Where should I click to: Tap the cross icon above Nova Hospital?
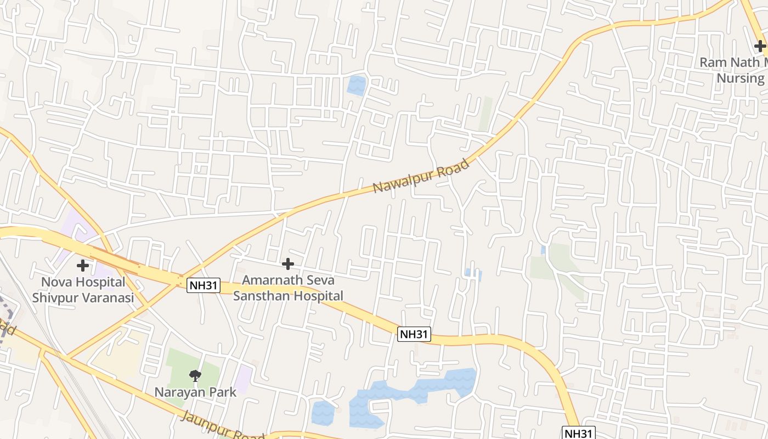[x=83, y=266]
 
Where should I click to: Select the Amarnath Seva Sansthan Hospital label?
[x=288, y=288]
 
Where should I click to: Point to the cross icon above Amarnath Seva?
[x=288, y=264]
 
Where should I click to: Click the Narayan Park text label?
[x=195, y=392]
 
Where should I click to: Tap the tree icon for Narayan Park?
[x=195, y=376]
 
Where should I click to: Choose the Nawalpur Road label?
[x=421, y=176]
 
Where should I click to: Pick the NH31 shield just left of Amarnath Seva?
[x=203, y=285]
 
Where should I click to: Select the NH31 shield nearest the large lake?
[x=414, y=334]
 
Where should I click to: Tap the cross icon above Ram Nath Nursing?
[x=760, y=47]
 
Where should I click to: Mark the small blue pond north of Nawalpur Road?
[x=357, y=85]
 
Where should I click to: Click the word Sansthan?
[x=261, y=296]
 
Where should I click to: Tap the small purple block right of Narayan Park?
[x=243, y=379]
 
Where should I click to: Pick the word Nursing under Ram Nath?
[x=740, y=78]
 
